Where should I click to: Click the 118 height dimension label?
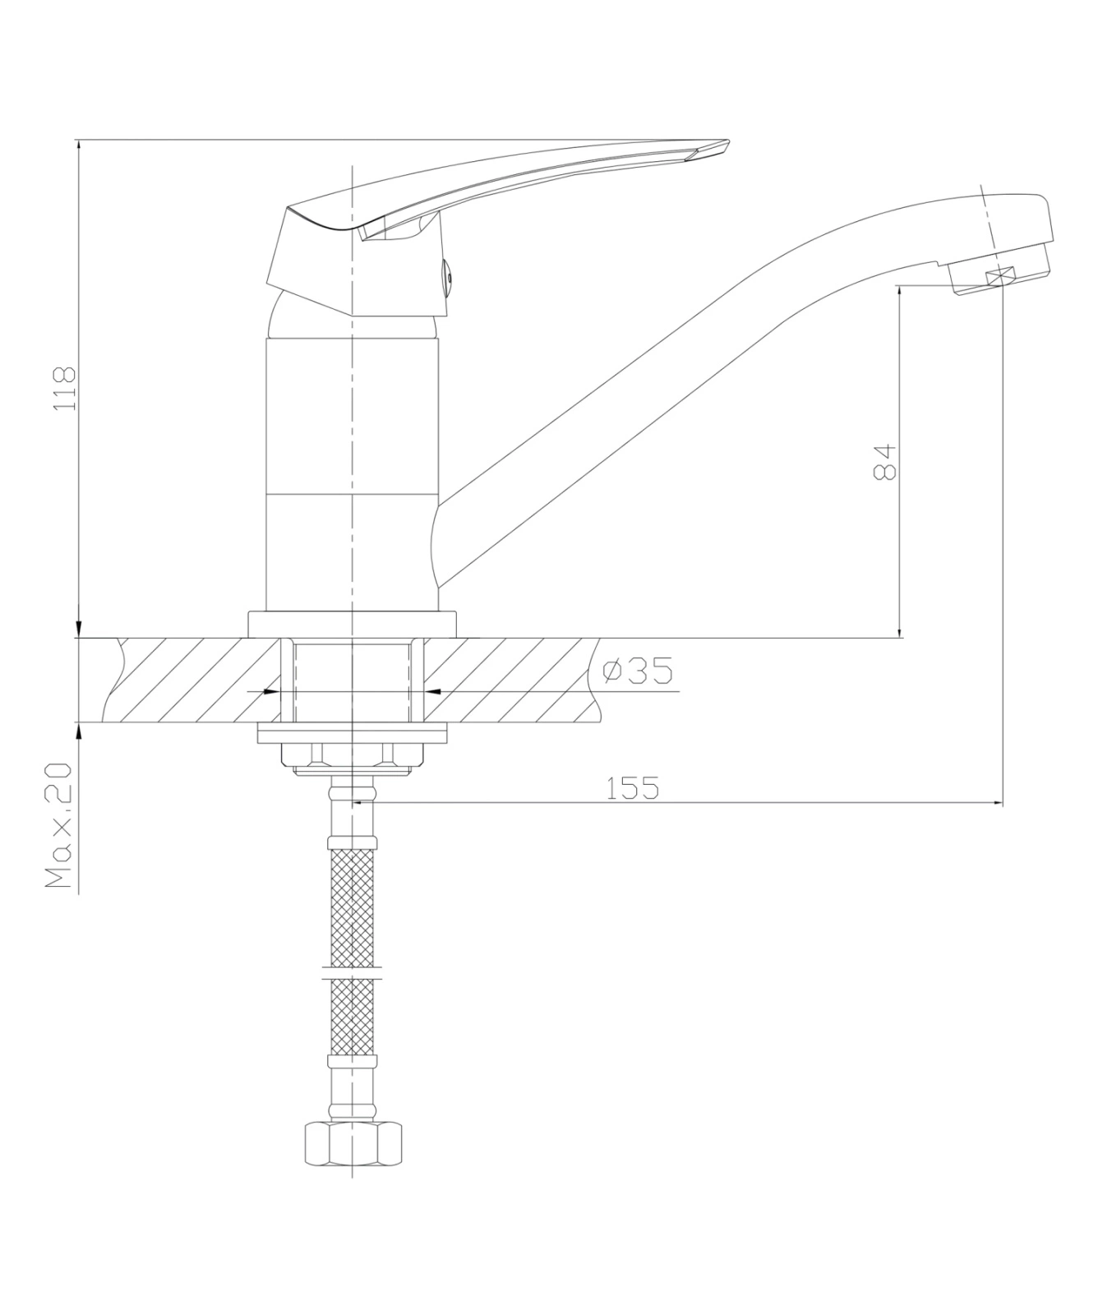point(64,389)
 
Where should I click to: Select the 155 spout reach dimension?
point(632,788)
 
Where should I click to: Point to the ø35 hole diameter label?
point(638,671)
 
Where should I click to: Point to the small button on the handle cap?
point(448,279)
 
